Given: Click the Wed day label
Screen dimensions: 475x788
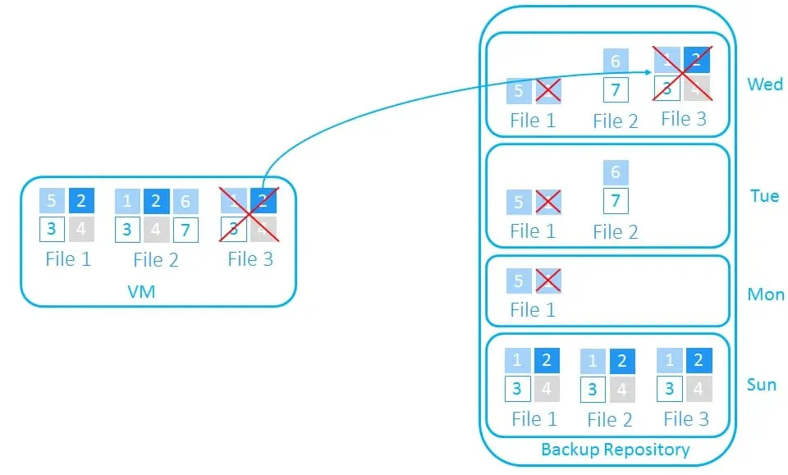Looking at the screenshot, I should (765, 84).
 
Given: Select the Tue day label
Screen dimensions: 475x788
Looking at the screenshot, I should (764, 196).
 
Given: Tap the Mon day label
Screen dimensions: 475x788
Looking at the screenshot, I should (765, 295).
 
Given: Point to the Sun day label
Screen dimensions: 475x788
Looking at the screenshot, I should (762, 385).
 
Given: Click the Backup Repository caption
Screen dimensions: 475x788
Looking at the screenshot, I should (615, 450).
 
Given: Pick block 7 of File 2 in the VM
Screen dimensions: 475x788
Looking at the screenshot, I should (186, 229).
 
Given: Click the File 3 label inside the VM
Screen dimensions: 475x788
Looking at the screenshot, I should (250, 259).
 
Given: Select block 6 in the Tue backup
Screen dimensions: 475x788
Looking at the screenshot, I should (616, 172).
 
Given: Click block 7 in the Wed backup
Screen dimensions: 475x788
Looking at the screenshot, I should (616, 89).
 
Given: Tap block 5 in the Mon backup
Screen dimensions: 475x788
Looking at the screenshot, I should (518, 281).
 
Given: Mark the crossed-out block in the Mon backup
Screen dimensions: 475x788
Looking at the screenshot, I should (547, 281).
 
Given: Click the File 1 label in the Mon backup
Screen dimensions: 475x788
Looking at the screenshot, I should (532, 310).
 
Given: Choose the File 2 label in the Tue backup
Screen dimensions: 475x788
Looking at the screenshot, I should (615, 232).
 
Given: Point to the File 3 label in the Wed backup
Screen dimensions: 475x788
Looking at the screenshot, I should (683, 119).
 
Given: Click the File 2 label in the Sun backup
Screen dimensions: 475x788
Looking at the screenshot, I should (609, 420).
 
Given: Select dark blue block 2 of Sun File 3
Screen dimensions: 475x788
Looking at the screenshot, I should (699, 360).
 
